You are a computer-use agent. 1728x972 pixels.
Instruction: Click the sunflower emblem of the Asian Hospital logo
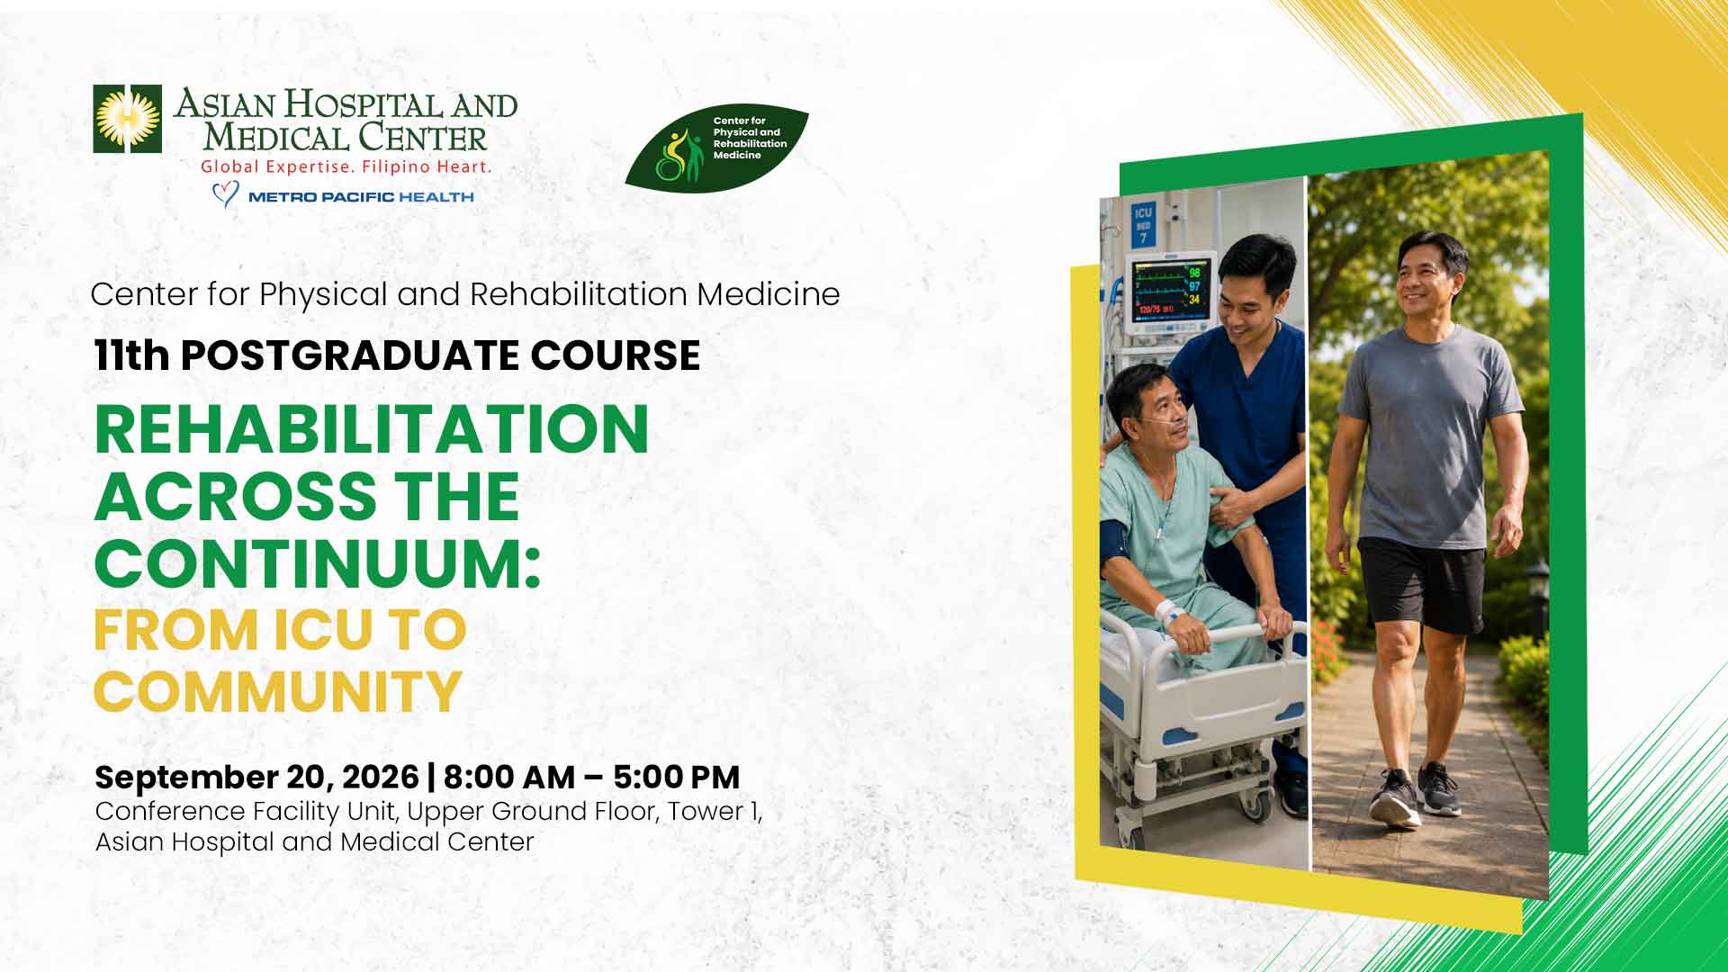pyautogui.click(x=128, y=119)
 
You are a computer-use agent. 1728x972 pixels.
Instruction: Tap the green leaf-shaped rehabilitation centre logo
pyautogui.click(x=717, y=148)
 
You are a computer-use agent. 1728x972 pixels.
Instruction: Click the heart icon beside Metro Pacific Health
pyautogui.click(x=225, y=194)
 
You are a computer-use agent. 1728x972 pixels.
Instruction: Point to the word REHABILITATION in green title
pyautogui.click(x=372, y=429)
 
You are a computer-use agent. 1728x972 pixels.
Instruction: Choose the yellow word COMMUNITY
pyautogui.click(x=278, y=691)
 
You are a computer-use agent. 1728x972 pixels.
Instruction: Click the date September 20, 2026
pyautogui.click(x=256, y=777)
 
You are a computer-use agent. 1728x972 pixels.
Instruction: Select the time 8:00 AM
pyautogui.click(x=509, y=777)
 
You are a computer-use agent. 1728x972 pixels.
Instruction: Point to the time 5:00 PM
pyautogui.click(x=677, y=777)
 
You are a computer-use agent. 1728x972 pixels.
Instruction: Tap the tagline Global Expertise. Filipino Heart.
pyautogui.click(x=346, y=166)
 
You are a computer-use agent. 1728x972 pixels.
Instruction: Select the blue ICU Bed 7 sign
pyautogui.click(x=1143, y=225)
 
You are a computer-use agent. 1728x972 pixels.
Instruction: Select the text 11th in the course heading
pyautogui.click(x=131, y=355)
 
